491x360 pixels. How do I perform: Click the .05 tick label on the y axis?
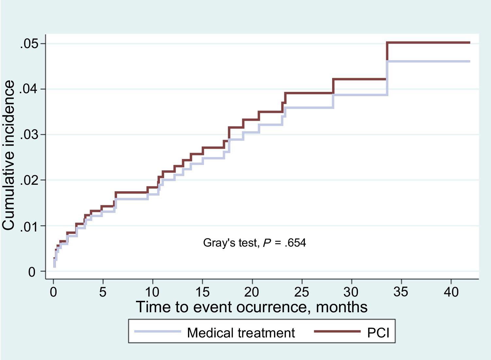click(x=28, y=44)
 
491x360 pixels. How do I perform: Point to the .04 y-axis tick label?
click(x=28, y=89)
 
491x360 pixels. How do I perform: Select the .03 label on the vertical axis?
click(x=28, y=135)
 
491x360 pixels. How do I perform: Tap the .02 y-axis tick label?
click(x=28, y=180)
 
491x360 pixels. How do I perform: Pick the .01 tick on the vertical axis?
click(x=28, y=226)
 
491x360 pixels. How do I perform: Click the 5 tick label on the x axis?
click(x=103, y=292)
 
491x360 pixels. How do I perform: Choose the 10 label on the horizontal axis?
click(x=153, y=292)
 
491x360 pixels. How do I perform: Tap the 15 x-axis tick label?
click(x=202, y=292)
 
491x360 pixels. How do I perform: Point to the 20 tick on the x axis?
click(x=252, y=292)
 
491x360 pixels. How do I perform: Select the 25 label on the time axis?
click(x=301, y=292)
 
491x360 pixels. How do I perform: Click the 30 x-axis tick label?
click(x=351, y=292)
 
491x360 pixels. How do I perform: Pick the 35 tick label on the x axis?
click(x=401, y=292)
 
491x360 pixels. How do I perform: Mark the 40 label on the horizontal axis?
click(x=451, y=292)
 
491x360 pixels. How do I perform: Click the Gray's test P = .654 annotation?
click(x=254, y=243)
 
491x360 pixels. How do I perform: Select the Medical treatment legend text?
click(x=241, y=333)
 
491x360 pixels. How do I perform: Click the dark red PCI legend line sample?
click(x=337, y=332)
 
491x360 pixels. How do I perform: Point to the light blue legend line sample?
click(x=158, y=332)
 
